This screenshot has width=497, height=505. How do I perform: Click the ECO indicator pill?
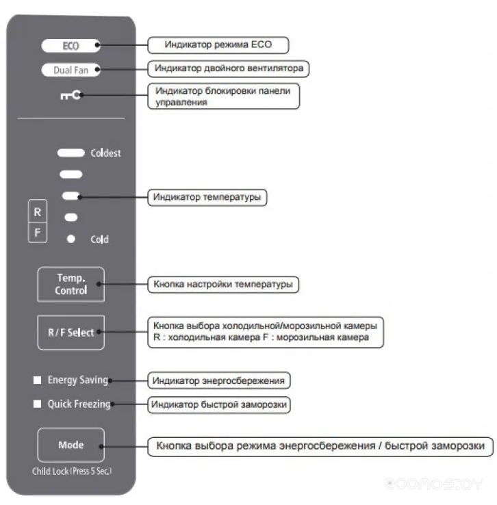71,46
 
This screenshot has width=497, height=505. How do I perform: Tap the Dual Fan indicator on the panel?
71,70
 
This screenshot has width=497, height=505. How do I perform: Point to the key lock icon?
71,96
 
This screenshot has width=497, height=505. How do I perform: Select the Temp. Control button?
71,284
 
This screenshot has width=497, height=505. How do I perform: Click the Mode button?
71,445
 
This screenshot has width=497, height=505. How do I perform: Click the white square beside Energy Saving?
37,380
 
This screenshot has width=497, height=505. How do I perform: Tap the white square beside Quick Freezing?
37,404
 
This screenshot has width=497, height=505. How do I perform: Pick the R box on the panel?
38,213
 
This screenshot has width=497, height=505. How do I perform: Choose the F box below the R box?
38,233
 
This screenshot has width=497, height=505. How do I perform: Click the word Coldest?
105,153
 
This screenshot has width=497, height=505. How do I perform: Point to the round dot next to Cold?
71,239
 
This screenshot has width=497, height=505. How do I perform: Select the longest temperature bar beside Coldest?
71,152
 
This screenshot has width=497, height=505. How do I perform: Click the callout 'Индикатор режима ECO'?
218,45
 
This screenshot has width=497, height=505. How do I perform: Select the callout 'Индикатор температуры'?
207,197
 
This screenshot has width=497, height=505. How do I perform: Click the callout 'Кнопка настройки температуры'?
224,283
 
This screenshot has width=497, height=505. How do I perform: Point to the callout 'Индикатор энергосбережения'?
218,380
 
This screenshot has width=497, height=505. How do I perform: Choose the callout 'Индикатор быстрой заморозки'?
219,404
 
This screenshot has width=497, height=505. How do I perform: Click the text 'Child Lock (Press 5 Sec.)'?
71,471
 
